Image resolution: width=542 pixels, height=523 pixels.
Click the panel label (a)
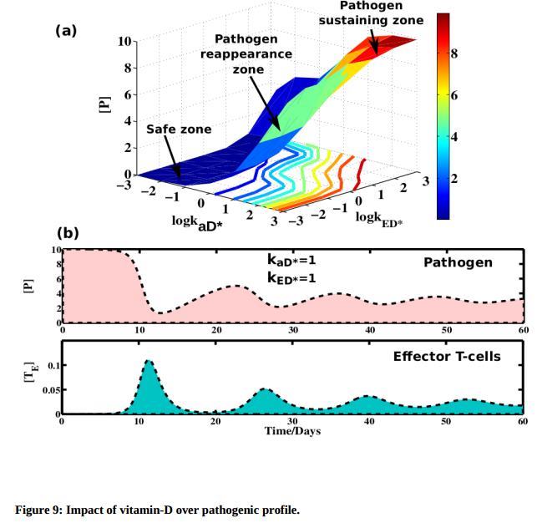[66, 31]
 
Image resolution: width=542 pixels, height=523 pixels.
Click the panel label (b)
[68, 233]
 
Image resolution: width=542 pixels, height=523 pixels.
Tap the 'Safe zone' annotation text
[179, 129]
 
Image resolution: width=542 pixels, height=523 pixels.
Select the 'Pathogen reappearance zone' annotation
[246, 54]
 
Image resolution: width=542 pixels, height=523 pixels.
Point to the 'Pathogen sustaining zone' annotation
[371, 13]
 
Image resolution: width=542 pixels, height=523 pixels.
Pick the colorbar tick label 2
[455, 179]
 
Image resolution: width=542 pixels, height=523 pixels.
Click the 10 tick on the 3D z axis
[124, 40]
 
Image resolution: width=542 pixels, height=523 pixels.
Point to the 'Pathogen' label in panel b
[458, 262]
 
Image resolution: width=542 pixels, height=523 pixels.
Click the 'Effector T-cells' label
[447, 357]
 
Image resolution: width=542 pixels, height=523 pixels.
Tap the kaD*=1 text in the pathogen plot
[291, 261]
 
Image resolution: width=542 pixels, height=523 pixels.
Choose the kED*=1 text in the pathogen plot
[291, 278]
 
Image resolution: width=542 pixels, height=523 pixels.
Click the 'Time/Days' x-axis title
[292, 431]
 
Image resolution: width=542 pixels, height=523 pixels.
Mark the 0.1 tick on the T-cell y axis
[53, 366]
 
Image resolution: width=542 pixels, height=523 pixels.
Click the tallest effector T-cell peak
[148, 361]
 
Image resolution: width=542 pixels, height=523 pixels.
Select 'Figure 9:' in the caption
[40, 509]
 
